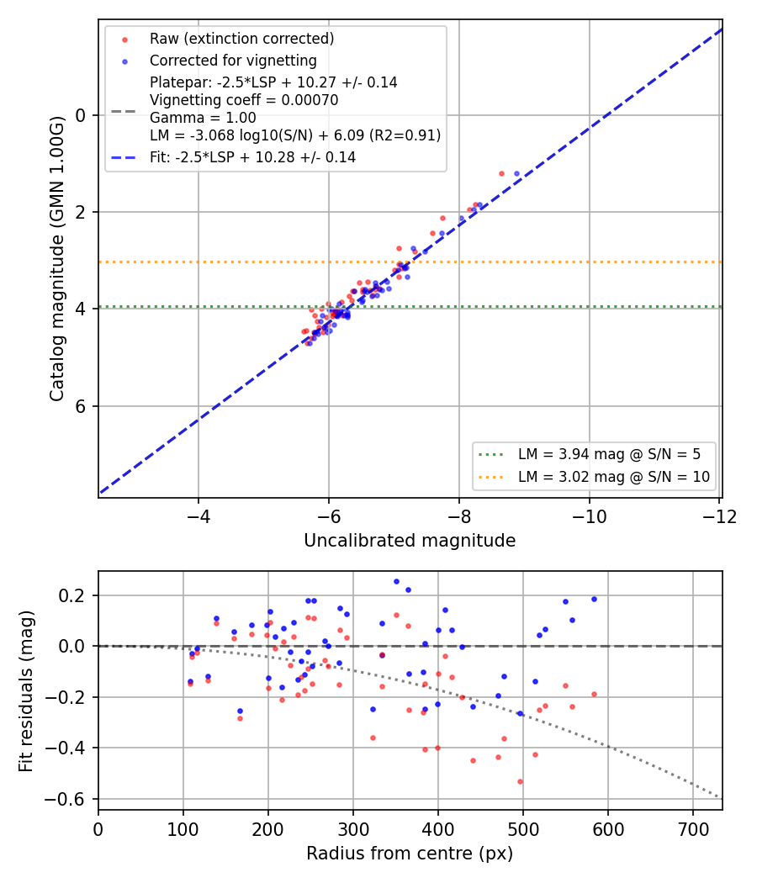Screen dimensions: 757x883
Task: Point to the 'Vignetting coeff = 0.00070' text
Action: tap(244, 100)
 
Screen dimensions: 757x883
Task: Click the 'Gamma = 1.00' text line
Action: tap(203, 118)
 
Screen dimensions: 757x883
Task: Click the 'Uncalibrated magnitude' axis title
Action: tap(410, 541)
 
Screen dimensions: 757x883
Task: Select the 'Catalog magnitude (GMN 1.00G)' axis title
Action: tap(56, 259)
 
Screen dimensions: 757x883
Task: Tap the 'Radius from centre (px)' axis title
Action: tap(410, 854)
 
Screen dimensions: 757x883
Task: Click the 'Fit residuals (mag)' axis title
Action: tap(26, 691)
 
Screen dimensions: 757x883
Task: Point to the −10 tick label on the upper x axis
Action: tap(589, 516)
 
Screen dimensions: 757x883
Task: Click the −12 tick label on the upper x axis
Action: tap(720, 516)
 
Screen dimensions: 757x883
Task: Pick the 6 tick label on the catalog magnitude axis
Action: tap(81, 406)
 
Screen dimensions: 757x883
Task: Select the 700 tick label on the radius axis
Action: tap(693, 829)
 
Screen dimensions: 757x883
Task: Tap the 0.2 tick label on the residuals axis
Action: tap(72, 595)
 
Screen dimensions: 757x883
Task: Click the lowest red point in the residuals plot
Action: tap(520, 781)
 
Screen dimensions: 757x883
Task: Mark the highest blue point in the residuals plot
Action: tap(396, 582)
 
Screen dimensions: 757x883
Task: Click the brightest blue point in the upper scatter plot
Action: tap(516, 174)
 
